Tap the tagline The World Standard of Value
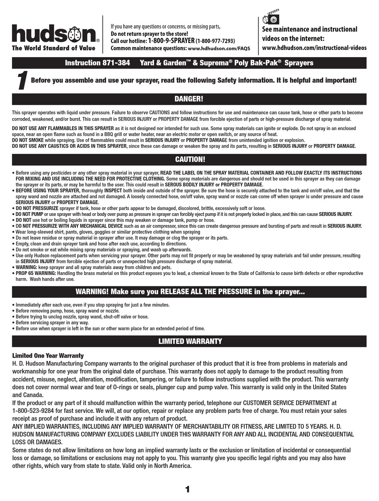(x=53, y=48)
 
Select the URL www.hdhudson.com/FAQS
(x=219, y=48)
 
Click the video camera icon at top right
(x=270, y=18)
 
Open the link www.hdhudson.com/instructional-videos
(x=314, y=48)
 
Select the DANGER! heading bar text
(x=189, y=99)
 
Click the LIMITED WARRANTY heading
(x=190, y=341)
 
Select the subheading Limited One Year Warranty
(x=48, y=356)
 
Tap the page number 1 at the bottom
(x=188, y=489)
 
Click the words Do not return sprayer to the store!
(x=149, y=34)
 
